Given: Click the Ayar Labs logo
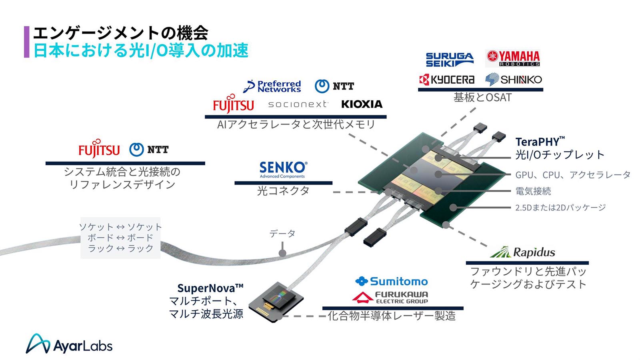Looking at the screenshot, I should [69, 344].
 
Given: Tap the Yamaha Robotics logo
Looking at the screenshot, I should [513, 58].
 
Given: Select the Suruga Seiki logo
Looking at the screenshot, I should [449, 60].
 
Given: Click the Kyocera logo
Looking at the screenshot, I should [447, 80].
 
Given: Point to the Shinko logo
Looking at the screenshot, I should [514, 80].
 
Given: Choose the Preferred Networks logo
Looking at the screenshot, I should [272, 86].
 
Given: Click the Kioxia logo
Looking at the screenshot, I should [362, 104].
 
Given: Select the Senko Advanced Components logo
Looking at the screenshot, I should [283, 170].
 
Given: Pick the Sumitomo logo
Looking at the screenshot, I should [392, 282].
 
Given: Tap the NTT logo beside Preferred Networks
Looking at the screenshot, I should [334, 86].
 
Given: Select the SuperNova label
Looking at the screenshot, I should [210, 288].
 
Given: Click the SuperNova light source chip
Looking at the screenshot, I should [276, 302].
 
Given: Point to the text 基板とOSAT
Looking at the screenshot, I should [482, 98].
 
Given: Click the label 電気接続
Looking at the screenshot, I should [533, 191].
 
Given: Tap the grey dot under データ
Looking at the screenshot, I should [282, 253].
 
